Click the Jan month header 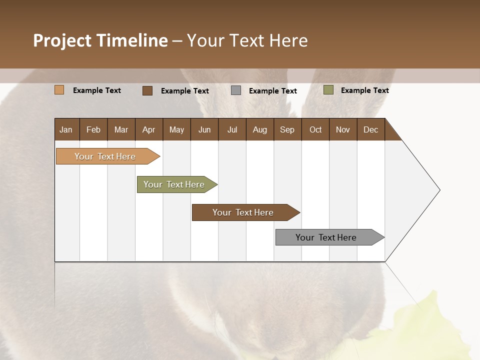pos(66,129)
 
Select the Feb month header pos(93,129)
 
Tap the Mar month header pos(121,129)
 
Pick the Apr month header pos(149,129)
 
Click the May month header pos(176,129)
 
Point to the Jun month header pos(204,129)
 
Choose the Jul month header pos(232,129)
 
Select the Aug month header pos(260,129)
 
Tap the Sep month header pos(287,129)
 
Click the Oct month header pos(315,129)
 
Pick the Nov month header pos(343,129)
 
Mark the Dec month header pos(371,129)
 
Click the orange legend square pos(59,90)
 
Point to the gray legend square pos(236,90)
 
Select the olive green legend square pos(328,90)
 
